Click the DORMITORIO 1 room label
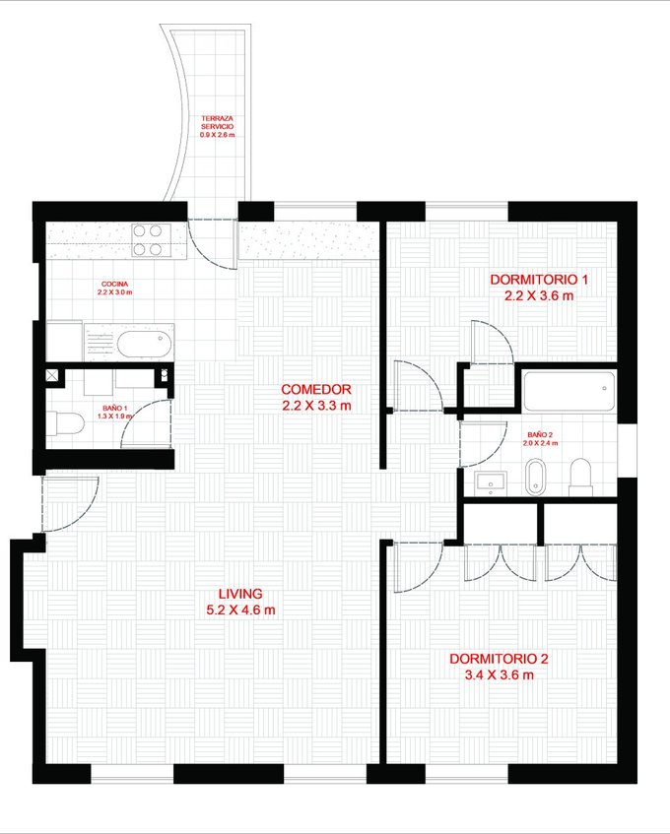coord(539,280)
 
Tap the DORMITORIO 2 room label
coord(499,659)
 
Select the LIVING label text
coord(240,594)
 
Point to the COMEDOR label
coord(316,389)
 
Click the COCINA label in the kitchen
coord(114,284)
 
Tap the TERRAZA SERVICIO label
coord(217,122)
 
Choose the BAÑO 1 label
coord(114,408)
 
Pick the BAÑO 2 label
coord(540,434)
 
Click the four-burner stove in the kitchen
coord(151,240)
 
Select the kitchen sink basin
coord(144,345)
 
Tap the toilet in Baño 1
coord(65,424)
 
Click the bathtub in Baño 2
coord(569,391)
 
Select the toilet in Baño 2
coord(580,478)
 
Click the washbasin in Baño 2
coord(491,483)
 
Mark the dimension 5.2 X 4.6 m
coord(240,610)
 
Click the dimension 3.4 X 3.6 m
coord(499,674)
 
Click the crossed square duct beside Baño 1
coord(52,375)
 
